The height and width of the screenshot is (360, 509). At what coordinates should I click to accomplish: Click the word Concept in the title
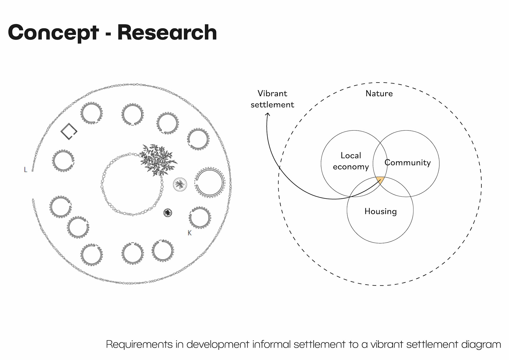[x=53, y=33]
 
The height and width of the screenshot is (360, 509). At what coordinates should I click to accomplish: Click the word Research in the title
[x=167, y=33]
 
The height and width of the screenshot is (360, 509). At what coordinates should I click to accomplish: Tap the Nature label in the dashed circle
[x=379, y=93]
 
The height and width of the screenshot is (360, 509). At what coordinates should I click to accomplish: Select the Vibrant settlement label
[x=272, y=99]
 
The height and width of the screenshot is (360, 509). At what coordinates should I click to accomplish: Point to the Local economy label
[x=351, y=161]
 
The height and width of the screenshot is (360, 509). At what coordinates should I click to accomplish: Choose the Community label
[x=407, y=163]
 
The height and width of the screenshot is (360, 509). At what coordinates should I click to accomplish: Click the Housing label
[x=380, y=211]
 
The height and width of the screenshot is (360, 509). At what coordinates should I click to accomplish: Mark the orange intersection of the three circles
[x=380, y=180]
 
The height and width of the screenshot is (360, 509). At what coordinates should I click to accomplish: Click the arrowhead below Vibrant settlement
[x=268, y=115]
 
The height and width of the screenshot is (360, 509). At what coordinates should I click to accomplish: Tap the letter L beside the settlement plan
[x=25, y=170]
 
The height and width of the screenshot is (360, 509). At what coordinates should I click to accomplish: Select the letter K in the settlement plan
[x=190, y=233]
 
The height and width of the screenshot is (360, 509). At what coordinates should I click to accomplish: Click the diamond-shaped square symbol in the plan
[x=69, y=131]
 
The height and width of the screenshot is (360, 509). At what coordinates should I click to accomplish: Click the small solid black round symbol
[x=168, y=213]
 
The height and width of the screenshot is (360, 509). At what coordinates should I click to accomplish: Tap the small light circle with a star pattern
[x=180, y=184]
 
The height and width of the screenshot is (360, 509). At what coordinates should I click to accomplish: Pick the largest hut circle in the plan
[x=209, y=183]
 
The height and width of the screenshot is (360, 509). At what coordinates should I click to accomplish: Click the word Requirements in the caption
[x=139, y=344]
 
